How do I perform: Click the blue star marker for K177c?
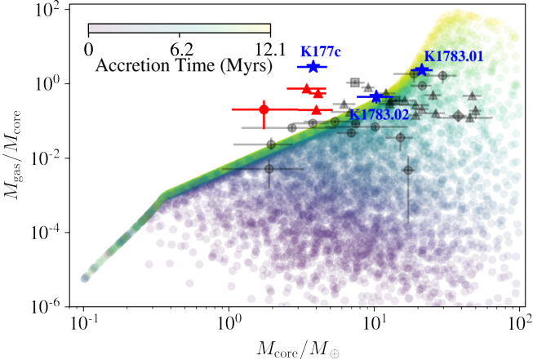point(313,67)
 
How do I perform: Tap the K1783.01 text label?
point(454,56)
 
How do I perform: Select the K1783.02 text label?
point(379,115)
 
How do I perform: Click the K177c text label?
point(321,51)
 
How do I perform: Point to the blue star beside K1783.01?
point(421,69)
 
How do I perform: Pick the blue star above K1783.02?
point(376,97)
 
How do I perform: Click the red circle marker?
point(264,109)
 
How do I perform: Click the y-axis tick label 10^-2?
point(48,159)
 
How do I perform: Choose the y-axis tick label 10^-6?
point(48,308)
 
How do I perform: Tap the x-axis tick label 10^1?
point(375,323)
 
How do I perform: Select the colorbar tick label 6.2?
point(181,51)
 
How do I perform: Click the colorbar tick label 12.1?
point(270,51)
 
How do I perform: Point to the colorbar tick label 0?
point(88,51)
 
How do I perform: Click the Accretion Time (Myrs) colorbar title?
point(184,65)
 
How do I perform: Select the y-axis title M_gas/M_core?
point(13,155)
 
